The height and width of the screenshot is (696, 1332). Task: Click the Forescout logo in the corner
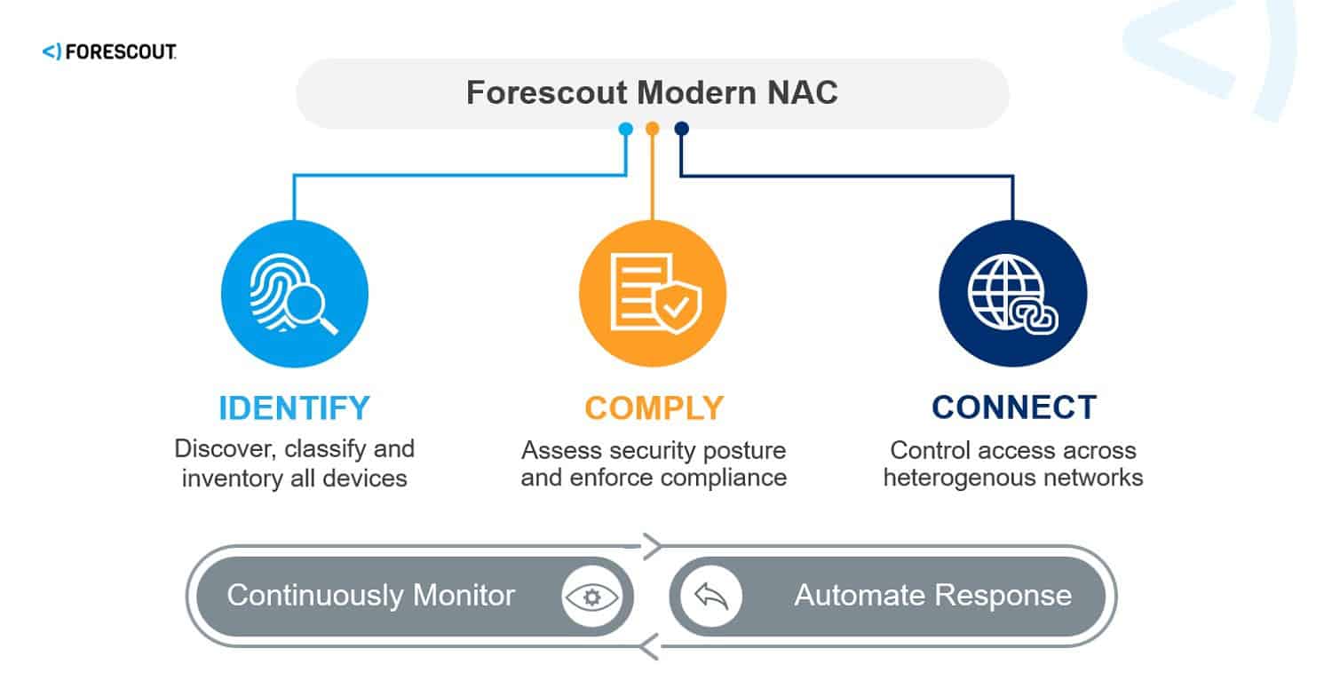pyautogui.click(x=108, y=52)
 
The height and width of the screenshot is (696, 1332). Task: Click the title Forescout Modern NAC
pyautogui.click(x=652, y=93)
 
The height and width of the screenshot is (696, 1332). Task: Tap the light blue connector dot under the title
pyautogui.click(x=625, y=130)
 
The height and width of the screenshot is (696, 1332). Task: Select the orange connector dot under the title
pyautogui.click(x=653, y=130)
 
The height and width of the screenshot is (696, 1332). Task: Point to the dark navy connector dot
pyautogui.click(x=681, y=130)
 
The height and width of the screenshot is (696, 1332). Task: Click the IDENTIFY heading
pyautogui.click(x=294, y=407)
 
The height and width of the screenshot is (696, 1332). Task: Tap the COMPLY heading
pyautogui.click(x=654, y=407)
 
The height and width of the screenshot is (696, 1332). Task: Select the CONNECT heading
pyautogui.click(x=1013, y=407)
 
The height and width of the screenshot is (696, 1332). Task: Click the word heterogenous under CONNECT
pyautogui.click(x=952, y=478)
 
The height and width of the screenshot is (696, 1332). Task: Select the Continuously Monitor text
pyautogui.click(x=370, y=595)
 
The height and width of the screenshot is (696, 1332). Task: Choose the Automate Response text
pyautogui.click(x=932, y=595)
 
